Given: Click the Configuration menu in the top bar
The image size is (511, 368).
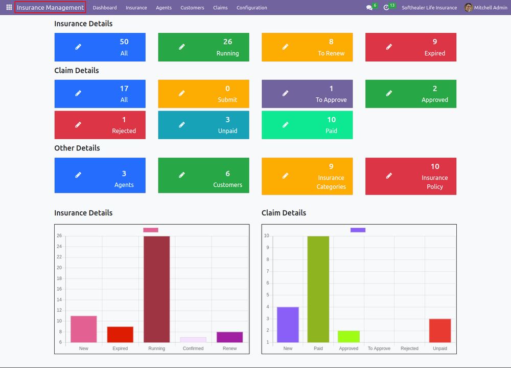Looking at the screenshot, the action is click(x=251, y=8).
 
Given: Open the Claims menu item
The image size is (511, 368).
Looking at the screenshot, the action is click(x=220, y=8).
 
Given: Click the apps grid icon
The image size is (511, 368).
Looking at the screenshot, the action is click(x=9, y=7).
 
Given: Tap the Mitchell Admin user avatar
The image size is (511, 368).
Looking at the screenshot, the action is click(x=468, y=8).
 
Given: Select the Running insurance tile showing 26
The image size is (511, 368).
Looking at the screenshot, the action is click(x=204, y=47).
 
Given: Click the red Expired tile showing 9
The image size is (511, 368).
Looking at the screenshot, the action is click(x=411, y=47).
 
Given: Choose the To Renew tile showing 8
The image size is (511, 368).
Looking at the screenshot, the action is click(x=307, y=47).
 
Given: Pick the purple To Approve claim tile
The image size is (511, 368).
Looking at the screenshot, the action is click(x=307, y=94).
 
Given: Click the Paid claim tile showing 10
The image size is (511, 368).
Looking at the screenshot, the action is click(x=307, y=125).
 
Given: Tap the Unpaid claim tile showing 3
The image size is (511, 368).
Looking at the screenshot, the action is click(x=204, y=125).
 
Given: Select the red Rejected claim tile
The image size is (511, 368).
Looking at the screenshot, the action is click(x=100, y=125).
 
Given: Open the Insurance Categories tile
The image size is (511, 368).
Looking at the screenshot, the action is click(x=307, y=177).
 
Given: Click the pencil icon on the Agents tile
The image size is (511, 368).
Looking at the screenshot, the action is click(x=78, y=175).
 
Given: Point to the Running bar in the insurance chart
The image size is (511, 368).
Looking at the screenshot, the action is click(x=157, y=289).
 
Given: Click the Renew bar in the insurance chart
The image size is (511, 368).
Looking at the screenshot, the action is click(x=230, y=337).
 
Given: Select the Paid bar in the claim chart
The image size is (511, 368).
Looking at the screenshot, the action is click(x=318, y=289).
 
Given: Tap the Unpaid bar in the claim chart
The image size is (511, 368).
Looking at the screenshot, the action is click(x=440, y=331).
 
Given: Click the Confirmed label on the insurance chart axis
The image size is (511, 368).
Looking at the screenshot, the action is click(x=193, y=349).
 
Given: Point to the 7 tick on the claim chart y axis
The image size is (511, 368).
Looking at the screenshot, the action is click(x=268, y=271).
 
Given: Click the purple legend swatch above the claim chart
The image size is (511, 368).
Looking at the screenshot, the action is click(x=358, y=230).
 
